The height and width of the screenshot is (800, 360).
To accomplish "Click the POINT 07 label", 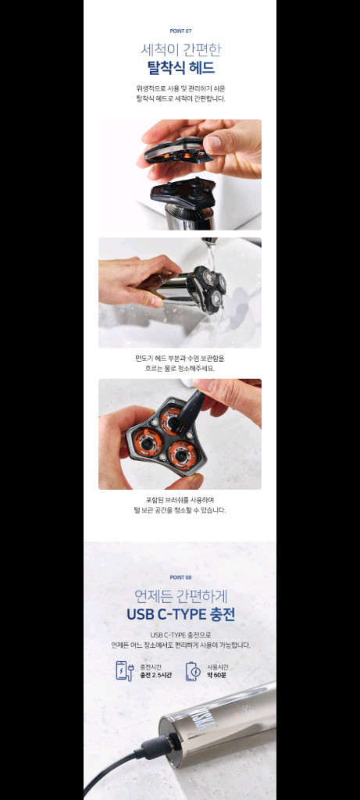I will pos(180,30).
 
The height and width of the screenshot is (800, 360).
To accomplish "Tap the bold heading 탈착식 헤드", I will pos(180,67).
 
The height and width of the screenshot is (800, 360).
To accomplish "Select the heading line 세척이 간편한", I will pos(180,49).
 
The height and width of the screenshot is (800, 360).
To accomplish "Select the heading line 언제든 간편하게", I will pos(180,595).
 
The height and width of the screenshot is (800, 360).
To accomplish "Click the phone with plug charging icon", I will pos(123,670).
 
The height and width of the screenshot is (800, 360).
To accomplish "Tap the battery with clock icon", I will pos(192,670).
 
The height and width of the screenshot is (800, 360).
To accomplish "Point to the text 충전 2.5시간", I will pos(155,675).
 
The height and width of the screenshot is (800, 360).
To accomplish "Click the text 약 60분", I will pos(217,675).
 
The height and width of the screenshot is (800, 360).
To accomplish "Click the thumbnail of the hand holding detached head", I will pos(180,174).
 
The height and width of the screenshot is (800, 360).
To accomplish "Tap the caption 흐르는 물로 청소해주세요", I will pos(180,366).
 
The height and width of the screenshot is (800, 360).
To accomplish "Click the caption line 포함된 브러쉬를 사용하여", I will pos(180,500).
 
